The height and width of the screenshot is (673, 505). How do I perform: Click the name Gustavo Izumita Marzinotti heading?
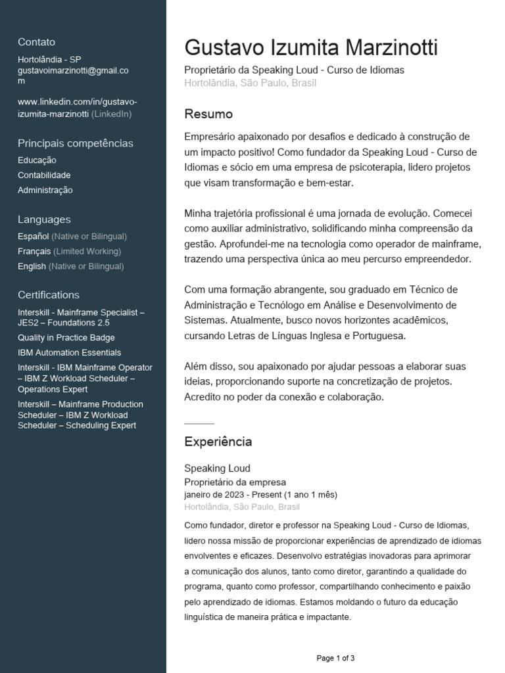point(310,48)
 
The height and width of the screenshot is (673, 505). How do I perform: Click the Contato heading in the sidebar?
point(36,42)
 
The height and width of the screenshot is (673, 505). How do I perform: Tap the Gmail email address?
point(73,70)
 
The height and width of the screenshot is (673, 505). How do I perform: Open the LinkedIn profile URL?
point(78,108)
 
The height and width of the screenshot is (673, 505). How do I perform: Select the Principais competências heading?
point(75,143)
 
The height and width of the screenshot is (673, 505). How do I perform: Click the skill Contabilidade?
point(44,175)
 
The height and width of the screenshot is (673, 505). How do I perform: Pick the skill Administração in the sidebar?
point(45,191)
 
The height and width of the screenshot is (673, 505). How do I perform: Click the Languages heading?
point(44,220)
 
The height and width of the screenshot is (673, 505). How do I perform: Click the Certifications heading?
point(49,295)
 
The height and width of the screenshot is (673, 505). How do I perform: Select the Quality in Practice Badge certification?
point(66,338)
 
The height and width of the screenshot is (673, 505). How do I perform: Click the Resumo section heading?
point(208,114)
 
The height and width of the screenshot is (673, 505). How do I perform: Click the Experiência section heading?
point(218,442)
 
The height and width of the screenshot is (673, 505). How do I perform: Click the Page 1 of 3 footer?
point(335,658)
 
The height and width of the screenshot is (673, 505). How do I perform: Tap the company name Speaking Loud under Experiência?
point(217,469)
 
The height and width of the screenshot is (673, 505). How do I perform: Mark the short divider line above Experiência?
point(199,423)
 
